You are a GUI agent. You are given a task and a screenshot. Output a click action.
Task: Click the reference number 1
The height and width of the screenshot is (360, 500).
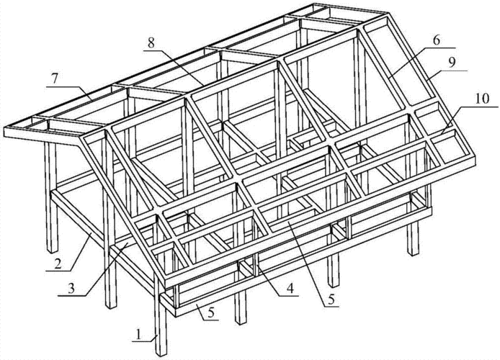(x=138, y=335)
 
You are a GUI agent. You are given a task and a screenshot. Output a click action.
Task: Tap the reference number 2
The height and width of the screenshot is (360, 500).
(x=58, y=264)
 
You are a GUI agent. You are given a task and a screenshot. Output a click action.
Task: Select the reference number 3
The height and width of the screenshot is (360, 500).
(x=71, y=289)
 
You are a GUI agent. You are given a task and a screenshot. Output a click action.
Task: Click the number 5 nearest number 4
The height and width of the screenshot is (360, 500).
(x=331, y=299)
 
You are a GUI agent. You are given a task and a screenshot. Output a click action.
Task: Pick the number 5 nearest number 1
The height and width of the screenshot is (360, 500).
(x=211, y=312)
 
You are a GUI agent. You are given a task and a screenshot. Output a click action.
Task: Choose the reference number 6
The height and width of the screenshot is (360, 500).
(x=437, y=40)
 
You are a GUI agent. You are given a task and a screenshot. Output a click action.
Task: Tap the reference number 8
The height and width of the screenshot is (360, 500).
(x=151, y=43)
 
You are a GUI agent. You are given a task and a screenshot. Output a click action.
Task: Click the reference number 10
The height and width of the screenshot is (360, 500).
(x=482, y=99)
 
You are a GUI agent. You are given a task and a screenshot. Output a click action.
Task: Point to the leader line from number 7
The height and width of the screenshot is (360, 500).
(x=70, y=93)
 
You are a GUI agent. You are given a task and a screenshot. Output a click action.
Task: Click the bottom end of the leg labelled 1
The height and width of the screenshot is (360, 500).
(x=161, y=355)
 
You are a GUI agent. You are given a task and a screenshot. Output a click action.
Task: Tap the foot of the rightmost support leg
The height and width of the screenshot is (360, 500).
(x=414, y=254)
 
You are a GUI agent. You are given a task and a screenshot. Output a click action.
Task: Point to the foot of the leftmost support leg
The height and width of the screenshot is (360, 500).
(x=53, y=251)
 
